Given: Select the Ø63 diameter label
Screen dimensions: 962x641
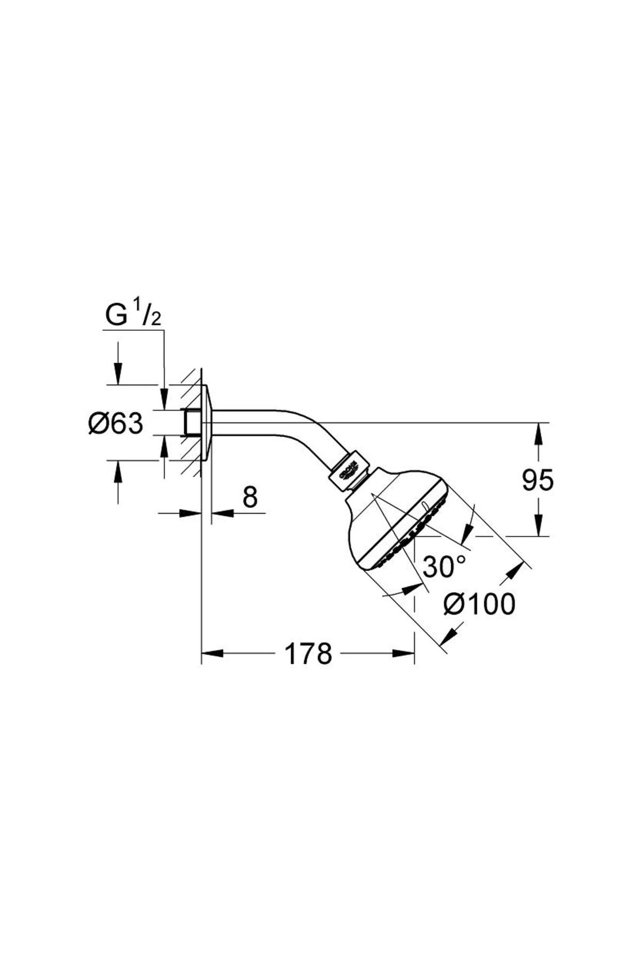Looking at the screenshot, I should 116,424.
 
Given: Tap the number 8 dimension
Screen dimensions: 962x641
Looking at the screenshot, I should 249,498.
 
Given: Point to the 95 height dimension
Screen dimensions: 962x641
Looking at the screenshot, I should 537,480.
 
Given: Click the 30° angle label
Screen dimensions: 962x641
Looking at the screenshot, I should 444,567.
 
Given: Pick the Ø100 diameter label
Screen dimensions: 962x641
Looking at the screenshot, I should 479,604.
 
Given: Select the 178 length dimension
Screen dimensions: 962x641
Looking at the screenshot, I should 308,654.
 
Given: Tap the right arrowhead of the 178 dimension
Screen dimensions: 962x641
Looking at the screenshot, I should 404,654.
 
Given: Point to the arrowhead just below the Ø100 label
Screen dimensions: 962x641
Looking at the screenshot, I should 450,634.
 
